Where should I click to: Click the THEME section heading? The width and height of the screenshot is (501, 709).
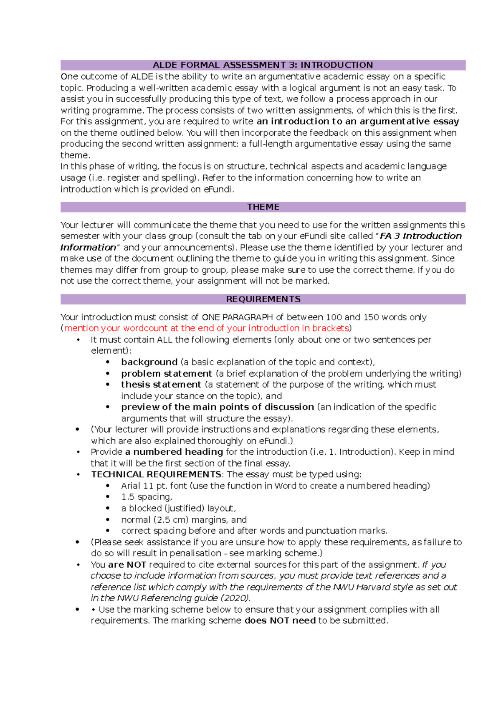[x=263, y=207]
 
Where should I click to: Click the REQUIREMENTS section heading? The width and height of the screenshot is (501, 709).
[x=263, y=299]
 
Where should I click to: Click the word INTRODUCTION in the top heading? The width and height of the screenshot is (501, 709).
[x=337, y=65]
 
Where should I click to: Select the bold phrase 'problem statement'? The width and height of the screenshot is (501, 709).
[x=167, y=374]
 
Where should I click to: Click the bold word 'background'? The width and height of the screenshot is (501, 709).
[x=149, y=362]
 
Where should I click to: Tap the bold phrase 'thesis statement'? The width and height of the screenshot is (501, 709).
[x=161, y=385]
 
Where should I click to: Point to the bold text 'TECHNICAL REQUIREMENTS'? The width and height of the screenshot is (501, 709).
[x=156, y=475]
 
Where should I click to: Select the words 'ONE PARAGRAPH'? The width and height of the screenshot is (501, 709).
[x=237, y=317]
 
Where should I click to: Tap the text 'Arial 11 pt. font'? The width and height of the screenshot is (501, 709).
[x=154, y=486]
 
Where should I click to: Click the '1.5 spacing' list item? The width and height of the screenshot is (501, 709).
[x=146, y=497]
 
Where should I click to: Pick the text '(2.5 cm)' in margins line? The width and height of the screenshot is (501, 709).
[x=170, y=520]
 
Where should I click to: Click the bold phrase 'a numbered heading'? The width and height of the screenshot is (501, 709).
[x=174, y=452]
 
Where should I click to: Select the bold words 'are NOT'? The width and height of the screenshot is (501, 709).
[x=127, y=565]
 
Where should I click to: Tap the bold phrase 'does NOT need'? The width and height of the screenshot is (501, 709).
[x=280, y=621]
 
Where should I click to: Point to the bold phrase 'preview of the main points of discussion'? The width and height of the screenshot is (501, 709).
[x=217, y=407]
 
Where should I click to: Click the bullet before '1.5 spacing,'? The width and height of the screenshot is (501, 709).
[x=108, y=497]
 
